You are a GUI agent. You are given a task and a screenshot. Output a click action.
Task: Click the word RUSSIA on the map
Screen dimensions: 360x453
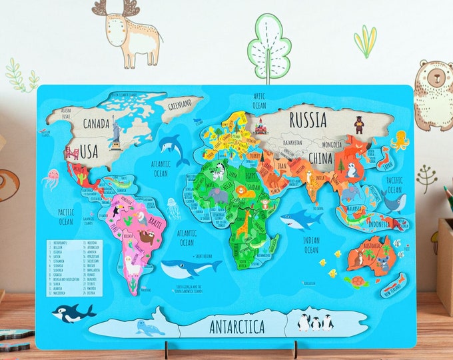(x=307, y=120)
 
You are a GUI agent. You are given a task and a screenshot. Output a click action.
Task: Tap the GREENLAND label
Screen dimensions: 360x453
(x=181, y=104)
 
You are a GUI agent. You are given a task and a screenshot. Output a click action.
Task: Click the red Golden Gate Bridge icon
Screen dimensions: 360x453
(x=71, y=154)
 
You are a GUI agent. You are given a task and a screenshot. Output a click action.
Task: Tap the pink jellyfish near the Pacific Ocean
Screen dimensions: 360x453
(x=51, y=178)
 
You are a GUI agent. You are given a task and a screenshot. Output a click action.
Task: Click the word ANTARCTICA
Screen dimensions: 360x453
(x=236, y=327)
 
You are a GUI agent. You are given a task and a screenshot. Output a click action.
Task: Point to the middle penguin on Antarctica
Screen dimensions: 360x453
(x=315, y=323)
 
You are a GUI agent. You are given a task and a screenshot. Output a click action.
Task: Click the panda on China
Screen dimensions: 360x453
(x=351, y=170)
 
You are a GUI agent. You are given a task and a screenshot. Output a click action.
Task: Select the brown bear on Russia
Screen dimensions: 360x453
(x=358, y=124)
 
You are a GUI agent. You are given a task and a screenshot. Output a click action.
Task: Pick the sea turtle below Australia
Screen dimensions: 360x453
(x=359, y=281)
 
